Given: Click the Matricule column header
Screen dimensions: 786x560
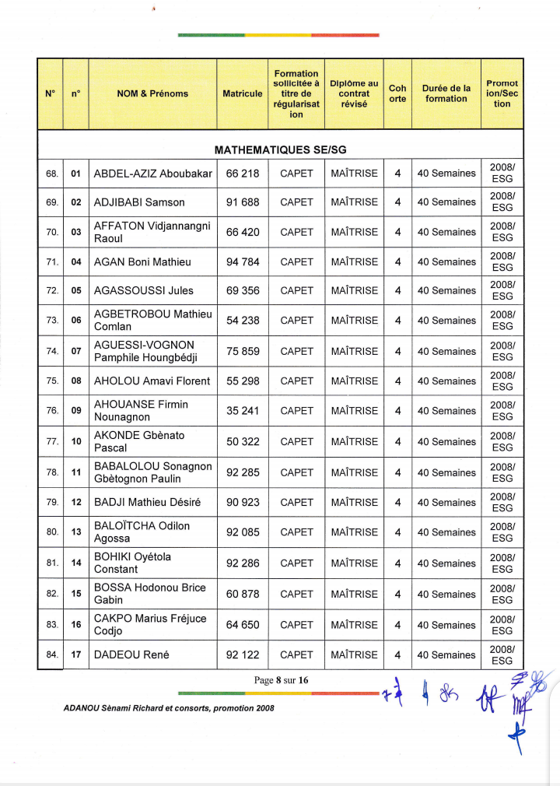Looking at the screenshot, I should tap(243, 93).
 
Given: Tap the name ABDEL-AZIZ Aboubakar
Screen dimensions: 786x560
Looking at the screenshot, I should tap(153, 174).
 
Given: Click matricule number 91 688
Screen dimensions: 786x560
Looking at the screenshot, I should tap(243, 202).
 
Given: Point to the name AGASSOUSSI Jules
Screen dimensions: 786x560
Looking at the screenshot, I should tap(144, 291).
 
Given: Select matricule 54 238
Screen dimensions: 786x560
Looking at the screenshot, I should tap(243, 321).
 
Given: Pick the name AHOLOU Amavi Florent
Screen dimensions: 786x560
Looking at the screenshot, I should tap(152, 381).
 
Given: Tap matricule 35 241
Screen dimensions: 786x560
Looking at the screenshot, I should tap(243, 411).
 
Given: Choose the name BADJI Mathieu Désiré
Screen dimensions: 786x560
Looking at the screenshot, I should tap(147, 503).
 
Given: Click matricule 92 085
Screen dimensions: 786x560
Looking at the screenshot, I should tap(243, 533).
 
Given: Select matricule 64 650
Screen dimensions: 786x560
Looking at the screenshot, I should tap(243, 625).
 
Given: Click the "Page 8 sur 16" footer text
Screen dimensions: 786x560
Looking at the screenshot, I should tap(282, 680).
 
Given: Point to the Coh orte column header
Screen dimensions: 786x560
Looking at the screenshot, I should tap(397, 93).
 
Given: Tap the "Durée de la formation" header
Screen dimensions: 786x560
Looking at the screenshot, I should tap(446, 93).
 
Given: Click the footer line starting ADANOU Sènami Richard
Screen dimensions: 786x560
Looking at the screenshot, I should tap(169, 708).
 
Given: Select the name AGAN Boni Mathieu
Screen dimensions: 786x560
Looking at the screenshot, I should tap(142, 262).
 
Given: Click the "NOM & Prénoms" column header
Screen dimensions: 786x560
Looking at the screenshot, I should tap(152, 93).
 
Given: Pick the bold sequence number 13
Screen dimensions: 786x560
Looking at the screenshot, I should tap(76, 533).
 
